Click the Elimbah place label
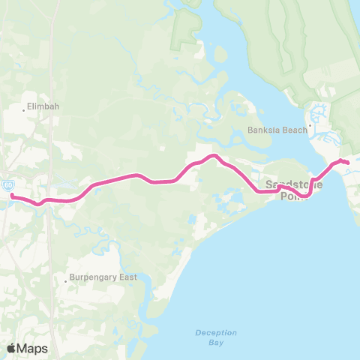click(x=43, y=106)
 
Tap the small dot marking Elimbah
click(x=24, y=109)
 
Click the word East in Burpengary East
click(x=125, y=277)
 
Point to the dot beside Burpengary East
click(x=65, y=281)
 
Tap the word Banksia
click(x=263, y=130)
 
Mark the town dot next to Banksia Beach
click(x=309, y=126)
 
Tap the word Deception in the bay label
click(x=215, y=332)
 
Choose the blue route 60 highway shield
click(x=7, y=184)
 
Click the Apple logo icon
click(x=11, y=348)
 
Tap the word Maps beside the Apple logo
click(x=33, y=348)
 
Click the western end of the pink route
click(x=13, y=196)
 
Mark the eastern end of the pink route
click(x=347, y=162)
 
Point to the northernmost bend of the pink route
click(x=213, y=156)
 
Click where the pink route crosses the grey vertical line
click(x=49, y=200)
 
